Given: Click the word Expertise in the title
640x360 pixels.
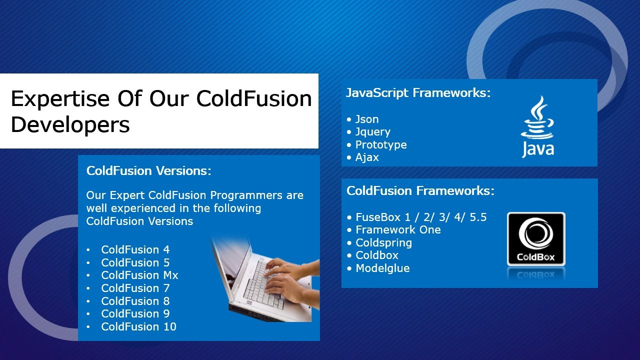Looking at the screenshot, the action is point(60,99).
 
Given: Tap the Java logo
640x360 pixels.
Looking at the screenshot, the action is point(537,126).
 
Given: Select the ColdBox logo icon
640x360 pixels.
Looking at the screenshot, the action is point(536,239).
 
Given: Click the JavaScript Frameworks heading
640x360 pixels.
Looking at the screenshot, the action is point(418,93).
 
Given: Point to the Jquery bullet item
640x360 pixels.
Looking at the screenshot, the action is point(372,132).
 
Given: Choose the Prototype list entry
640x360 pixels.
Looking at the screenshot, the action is point(381,145).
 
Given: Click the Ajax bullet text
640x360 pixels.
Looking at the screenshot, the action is point(367,157).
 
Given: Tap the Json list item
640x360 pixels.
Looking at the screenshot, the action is point(367,119).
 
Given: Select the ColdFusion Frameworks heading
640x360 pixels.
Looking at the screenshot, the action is point(420,190).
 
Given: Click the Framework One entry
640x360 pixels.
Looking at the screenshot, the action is point(398,229).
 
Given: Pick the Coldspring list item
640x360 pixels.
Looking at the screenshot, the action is point(383,243).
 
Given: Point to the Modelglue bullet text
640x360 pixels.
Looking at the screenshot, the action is point(382,268).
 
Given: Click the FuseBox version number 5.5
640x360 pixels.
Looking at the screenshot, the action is point(478,217).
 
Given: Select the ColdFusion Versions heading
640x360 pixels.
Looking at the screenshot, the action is point(148,171).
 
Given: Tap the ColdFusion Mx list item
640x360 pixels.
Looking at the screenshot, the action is point(139,275).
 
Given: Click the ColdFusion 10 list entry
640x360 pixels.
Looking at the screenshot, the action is point(138,326).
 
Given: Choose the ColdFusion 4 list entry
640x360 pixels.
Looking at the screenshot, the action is point(135,249).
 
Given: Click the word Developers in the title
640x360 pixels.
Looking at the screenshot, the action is point(70,125).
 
